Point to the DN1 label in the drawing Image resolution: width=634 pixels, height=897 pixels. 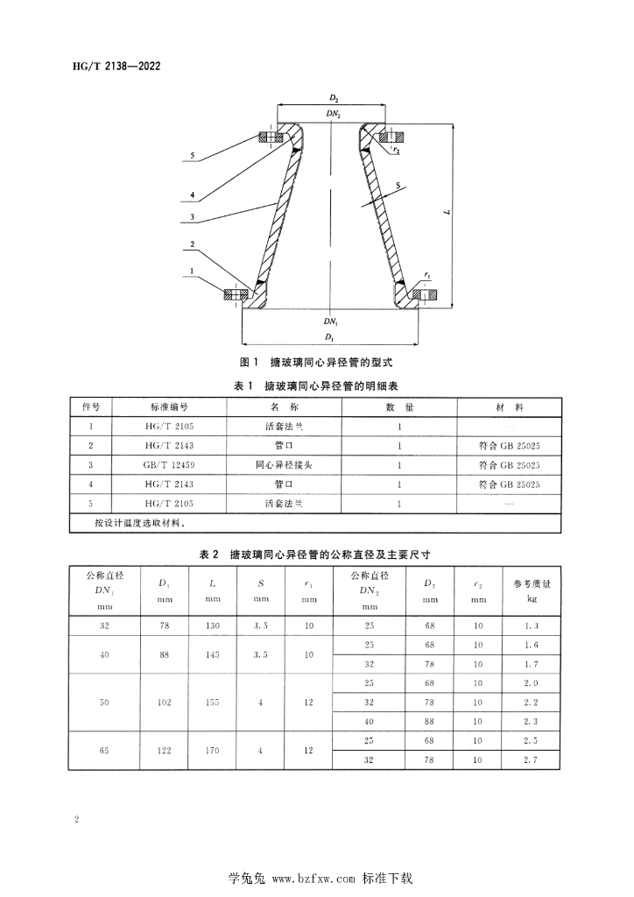tap(332, 323)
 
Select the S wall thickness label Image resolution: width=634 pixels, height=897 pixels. tap(398, 187)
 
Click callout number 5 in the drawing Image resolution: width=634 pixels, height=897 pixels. tap(191, 155)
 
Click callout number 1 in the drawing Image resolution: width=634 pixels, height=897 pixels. tap(191, 272)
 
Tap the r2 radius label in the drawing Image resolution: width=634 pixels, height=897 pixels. tap(396, 151)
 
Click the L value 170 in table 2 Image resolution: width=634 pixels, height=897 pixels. tap(213, 750)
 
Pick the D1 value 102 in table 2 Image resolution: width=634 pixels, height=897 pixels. tap(164, 702)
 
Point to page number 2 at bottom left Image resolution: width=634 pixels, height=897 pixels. tap(78, 819)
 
